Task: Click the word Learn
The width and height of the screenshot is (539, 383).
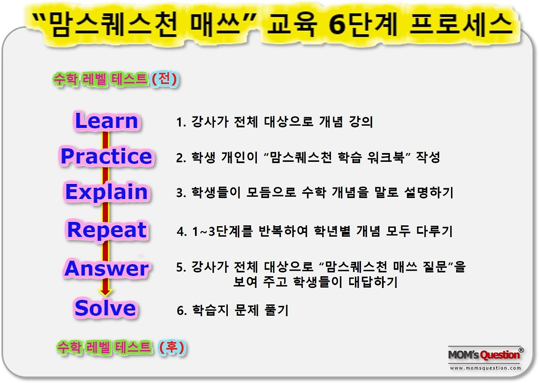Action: [107, 121]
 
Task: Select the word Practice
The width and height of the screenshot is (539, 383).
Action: [106, 156]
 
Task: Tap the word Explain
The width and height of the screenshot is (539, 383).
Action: [107, 192]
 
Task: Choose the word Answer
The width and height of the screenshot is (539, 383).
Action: [107, 269]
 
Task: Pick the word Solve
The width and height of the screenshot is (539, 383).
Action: [105, 309]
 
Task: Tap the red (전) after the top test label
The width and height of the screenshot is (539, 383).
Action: [165, 79]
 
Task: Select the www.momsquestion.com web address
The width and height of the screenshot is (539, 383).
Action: [485, 368]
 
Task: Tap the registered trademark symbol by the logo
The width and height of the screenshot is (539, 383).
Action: [521, 350]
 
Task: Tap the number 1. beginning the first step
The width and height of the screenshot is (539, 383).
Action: [181, 122]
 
